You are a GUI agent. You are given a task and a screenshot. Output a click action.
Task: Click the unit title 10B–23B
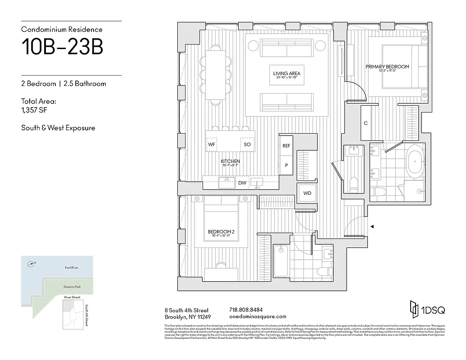62,47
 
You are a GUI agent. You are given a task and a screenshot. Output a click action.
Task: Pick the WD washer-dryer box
307,193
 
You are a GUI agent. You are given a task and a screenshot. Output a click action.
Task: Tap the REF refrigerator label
286,146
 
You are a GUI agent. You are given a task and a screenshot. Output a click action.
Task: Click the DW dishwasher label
242,183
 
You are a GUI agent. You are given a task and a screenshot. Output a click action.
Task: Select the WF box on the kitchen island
212,144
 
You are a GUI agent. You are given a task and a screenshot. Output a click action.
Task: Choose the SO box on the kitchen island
247,144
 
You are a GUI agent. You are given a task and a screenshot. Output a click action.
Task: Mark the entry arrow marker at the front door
371,227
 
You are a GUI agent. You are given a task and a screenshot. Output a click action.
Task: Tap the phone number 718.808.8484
246,310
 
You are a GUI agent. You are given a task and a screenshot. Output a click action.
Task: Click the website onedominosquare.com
258,316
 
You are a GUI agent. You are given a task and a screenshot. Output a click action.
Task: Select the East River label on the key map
72,268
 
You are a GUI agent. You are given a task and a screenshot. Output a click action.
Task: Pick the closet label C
366,123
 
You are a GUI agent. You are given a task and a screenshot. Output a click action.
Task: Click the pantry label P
286,165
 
